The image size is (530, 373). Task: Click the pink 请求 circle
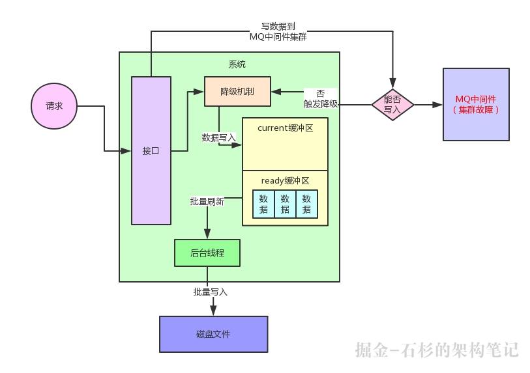[54, 106]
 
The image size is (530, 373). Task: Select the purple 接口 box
[151, 150]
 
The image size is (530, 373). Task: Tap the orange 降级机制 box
[237, 92]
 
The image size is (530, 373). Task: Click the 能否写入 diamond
[392, 105]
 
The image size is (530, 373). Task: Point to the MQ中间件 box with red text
[476, 104]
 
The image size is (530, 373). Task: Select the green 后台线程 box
[207, 253]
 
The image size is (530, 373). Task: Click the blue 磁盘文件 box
[213, 334]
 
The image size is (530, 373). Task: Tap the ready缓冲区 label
[284, 180]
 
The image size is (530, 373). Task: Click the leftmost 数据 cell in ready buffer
[263, 204]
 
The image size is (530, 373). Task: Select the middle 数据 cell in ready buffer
[285, 204]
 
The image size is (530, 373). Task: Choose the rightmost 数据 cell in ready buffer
[306, 204]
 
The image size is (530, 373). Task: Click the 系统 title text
[237, 64]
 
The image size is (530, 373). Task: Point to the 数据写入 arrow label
[219, 137]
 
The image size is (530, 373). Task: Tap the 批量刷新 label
[207, 202]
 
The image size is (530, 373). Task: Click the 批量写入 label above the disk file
[211, 292]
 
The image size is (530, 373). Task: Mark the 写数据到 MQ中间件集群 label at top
[278, 32]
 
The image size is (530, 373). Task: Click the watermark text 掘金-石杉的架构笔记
[437, 350]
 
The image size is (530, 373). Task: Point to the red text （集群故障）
[476, 110]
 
